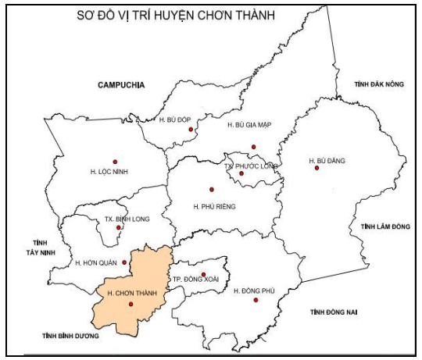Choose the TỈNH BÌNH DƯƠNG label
click(72, 336)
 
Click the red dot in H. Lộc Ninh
click(115, 161)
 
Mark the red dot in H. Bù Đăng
click(316, 168)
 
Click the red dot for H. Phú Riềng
click(211, 189)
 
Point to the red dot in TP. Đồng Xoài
click(204, 275)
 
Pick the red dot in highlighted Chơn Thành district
click(120, 304)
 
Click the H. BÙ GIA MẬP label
click(249, 125)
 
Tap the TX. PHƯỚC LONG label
click(251, 166)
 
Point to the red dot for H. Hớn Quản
click(124, 262)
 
